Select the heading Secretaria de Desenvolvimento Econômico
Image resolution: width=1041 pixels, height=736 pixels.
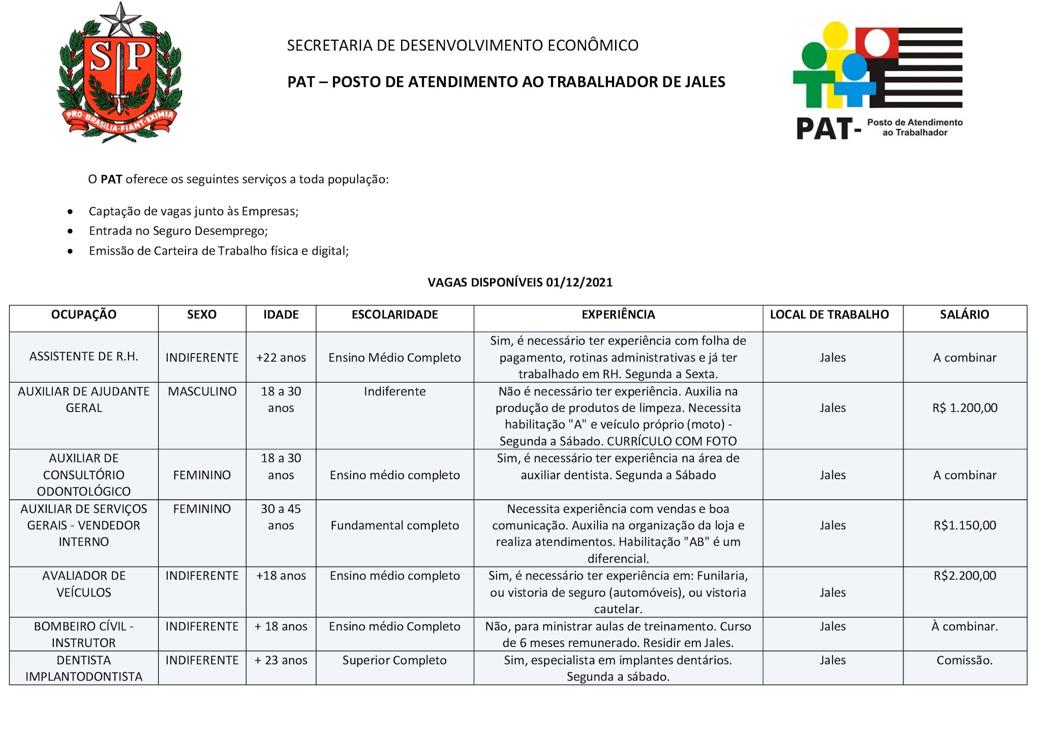pos(463,45)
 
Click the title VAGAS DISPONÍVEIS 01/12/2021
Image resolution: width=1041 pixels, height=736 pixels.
pos(520,283)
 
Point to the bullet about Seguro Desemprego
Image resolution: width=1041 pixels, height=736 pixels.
pos(178,231)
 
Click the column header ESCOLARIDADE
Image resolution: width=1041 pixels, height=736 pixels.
pos(394,315)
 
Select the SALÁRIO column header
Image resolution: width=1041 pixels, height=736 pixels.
pos(964,315)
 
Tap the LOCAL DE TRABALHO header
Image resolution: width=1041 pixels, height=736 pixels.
pos(829,315)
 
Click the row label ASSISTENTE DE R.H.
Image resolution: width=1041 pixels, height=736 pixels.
pos(84,357)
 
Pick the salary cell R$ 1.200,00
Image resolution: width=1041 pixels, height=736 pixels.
pos(964,408)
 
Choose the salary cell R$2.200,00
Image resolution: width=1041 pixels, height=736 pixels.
pos(964,576)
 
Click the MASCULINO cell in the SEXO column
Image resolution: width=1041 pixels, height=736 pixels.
pos(202,391)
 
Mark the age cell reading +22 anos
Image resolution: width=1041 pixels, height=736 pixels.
pos(281,358)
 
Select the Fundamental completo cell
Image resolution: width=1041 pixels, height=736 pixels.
pos(394,526)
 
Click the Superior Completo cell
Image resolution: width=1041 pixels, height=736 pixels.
pos(394,660)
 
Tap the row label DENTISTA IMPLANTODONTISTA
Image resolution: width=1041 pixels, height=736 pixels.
pos(84,668)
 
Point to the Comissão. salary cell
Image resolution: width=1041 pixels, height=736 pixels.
pos(964,660)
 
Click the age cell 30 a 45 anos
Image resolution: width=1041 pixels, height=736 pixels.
pos(281,517)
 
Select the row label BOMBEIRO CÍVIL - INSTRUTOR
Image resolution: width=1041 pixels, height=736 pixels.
pos(84,634)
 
